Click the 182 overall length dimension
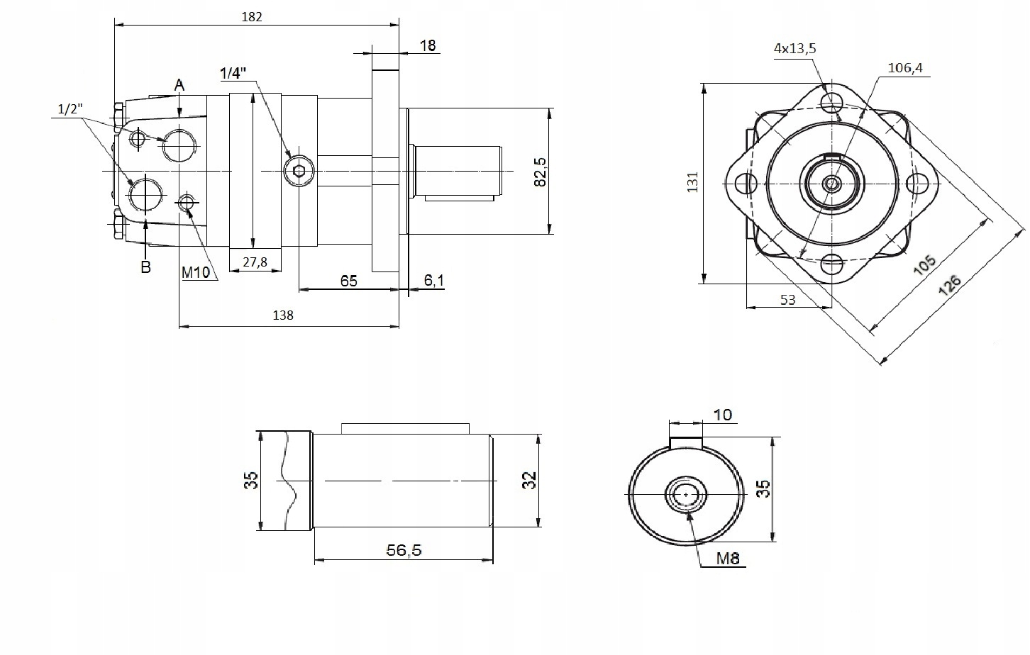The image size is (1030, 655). [x=252, y=17]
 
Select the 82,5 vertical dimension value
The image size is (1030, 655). [x=541, y=172]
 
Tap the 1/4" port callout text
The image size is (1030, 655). [x=233, y=73]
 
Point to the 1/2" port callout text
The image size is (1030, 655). [x=70, y=109]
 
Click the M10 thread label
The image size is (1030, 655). [x=196, y=273]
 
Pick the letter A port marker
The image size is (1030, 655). [x=179, y=85]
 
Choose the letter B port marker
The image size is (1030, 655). [x=145, y=267]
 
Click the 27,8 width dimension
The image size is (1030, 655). [x=255, y=262]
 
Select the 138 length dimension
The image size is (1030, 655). [x=283, y=315]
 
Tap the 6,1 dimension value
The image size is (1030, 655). [x=434, y=280]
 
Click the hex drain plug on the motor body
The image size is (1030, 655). [x=299, y=172]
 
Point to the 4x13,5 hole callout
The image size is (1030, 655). [x=795, y=48]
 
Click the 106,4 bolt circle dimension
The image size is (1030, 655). [x=905, y=68]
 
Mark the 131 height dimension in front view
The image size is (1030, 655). [x=692, y=182]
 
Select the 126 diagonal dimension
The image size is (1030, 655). [x=949, y=285]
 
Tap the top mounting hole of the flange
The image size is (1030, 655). [x=832, y=101]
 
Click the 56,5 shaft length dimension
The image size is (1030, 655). [x=404, y=550]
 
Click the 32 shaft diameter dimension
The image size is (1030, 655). [x=530, y=481]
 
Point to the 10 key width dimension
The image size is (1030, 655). [x=722, y=415]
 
